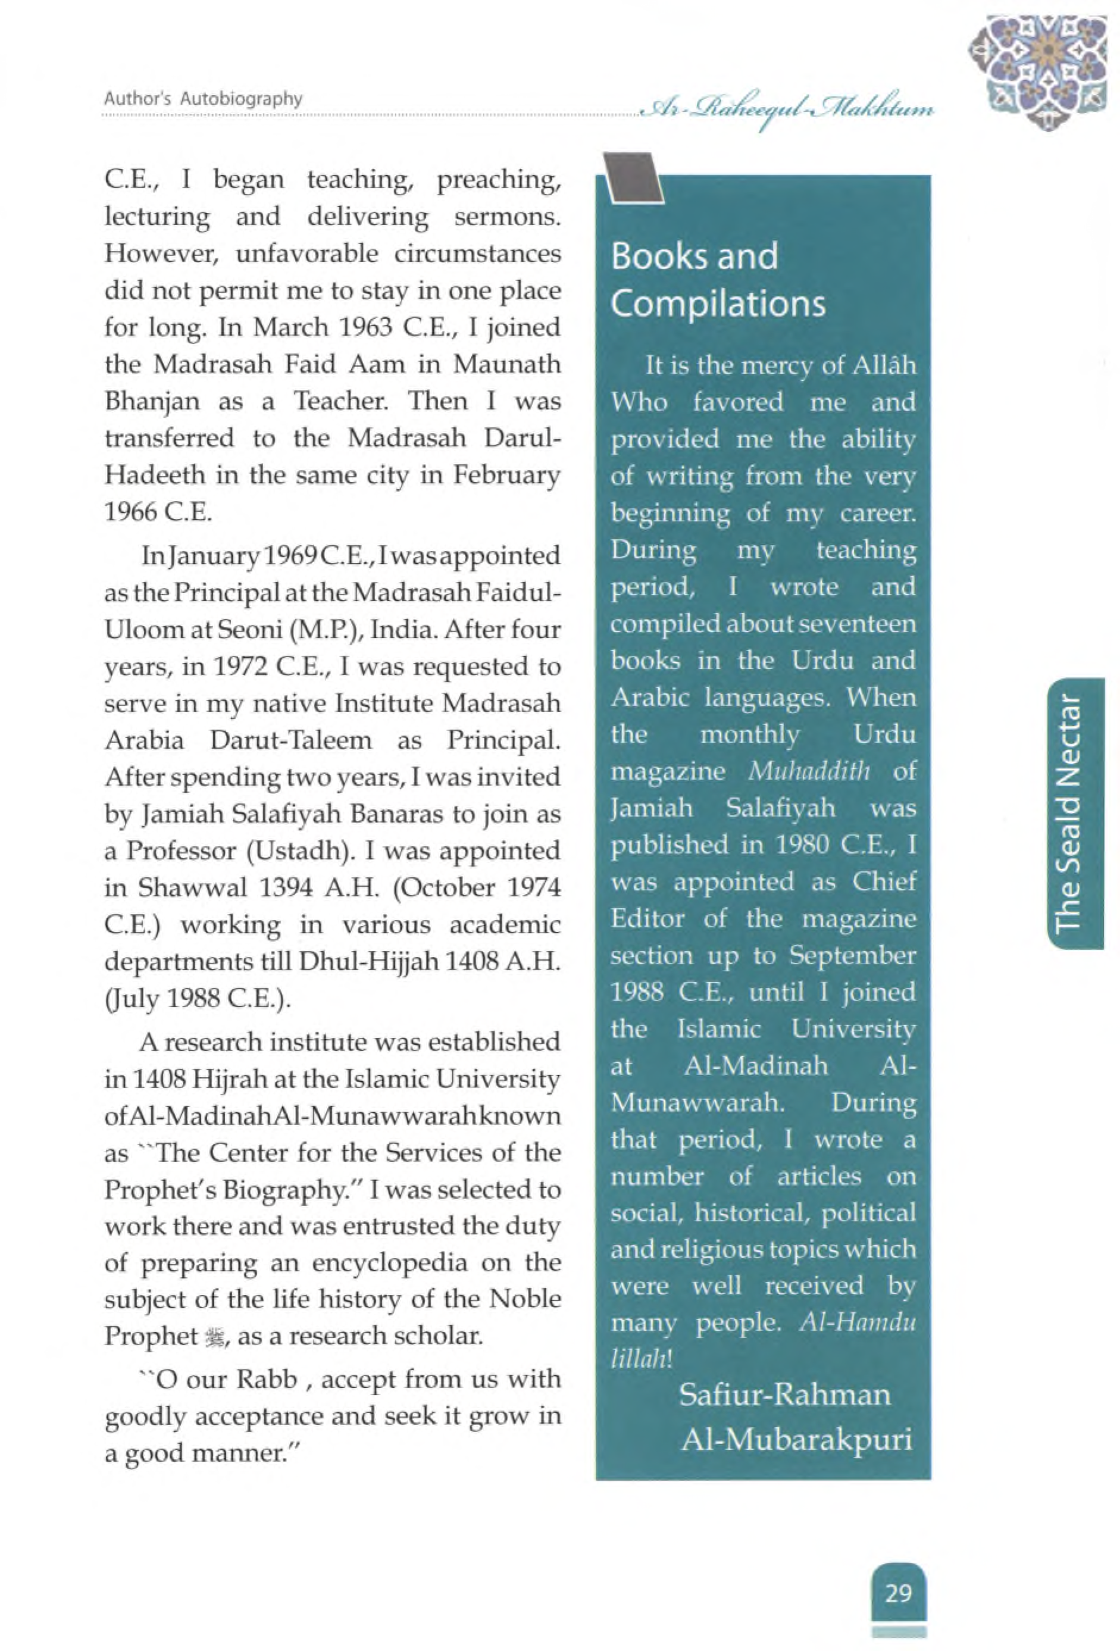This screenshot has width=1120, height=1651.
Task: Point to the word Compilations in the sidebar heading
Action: [718, 304]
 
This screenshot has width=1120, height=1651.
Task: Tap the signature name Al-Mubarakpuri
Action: [796, 1439]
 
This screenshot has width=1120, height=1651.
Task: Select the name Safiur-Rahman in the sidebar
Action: [784, 1395]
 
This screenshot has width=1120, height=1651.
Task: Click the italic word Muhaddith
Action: [809, 771]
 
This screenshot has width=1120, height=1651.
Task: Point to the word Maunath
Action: [507, 364]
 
